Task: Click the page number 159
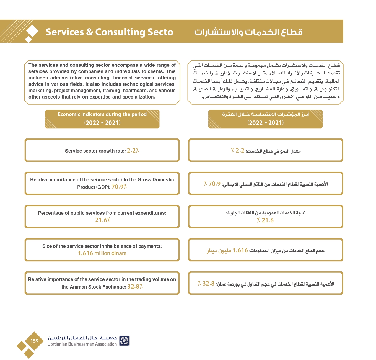(34, 341)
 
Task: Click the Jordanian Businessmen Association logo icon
(124, 341)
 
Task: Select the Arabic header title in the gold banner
(248, 32)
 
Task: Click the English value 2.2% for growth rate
(133, 151)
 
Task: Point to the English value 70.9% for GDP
(119, 187)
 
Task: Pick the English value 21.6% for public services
(103, 220)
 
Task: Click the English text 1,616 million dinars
(102, 253)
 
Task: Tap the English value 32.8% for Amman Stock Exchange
(135, 287)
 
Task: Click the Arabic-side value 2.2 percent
(238, 151)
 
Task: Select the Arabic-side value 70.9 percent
(212, 184)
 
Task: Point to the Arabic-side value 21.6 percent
(265, 220)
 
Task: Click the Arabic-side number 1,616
(240, 250)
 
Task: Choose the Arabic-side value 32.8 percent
(206, 284)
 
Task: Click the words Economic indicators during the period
(102, 114)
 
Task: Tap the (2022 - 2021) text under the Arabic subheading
(266, 123)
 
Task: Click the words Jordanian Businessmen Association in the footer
(82, 344)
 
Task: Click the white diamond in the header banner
(32, 31)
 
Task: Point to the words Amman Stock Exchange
(94, 287)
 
